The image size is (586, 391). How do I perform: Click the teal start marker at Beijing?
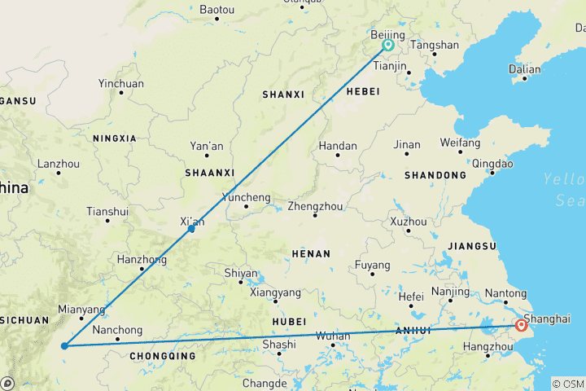pos(388,46)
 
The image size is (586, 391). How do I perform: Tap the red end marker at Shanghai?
pos(522,327)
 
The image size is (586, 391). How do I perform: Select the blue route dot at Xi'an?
pos(191,229)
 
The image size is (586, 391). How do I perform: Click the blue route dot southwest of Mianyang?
pos(64,346)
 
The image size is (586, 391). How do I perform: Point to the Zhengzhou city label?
pos(315,207)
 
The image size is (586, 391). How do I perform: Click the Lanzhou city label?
pos(58,164)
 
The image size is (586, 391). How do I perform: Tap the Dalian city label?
pos(524,70)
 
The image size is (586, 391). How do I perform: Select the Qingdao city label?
pos(492,164)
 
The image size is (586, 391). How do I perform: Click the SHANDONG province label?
pos(436,175)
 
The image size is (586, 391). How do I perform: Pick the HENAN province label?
pos(310,254)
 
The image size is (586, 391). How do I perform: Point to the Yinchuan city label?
pos(120,84)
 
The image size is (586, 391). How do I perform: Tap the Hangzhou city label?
pos(487,346)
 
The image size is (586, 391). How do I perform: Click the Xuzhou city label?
pos(408,222)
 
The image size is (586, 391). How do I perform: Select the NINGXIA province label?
pos(115,138)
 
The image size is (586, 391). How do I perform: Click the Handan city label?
pos(338,147)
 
